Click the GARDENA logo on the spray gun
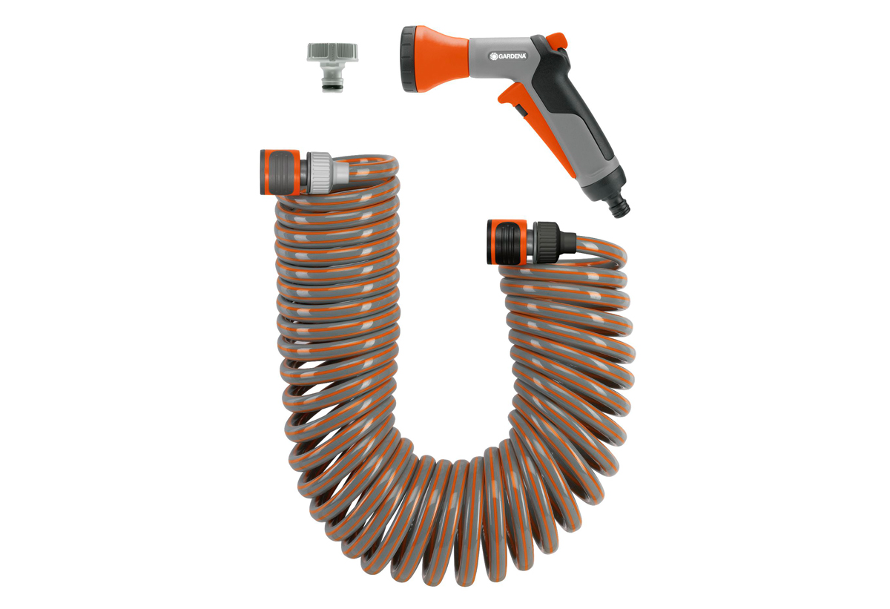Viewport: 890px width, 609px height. tap(508, 56)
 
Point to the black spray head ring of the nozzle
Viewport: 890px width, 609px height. tap(409, 59)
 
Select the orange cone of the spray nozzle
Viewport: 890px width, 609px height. tap(441, 59)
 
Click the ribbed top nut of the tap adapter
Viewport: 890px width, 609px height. tap(332, 52)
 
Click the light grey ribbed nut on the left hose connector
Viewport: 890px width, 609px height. tap(320, 173)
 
